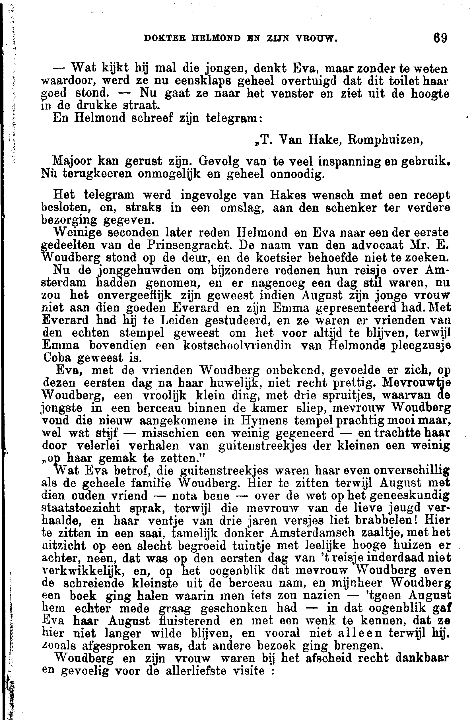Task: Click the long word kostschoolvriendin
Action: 237,346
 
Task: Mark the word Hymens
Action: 270,421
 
